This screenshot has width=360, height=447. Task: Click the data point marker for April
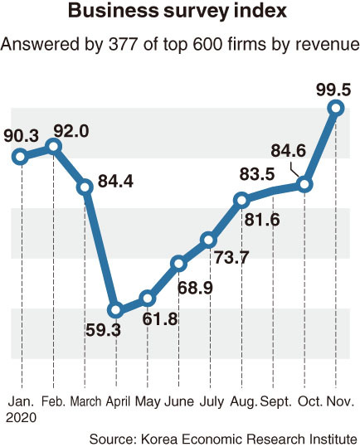pos(116,310)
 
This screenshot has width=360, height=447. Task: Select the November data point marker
pos(336,109)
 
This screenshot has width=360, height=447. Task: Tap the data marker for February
pos(53,147)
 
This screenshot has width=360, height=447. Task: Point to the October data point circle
pos(304,184)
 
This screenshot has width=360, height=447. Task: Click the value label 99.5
pos(333,90)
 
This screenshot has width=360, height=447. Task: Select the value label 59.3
pos(103,330)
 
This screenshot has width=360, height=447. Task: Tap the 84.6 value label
pos(288,151)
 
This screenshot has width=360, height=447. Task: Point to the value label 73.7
pos(231,257)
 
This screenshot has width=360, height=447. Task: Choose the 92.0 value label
pos(71,131)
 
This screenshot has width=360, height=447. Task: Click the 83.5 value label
pos(257,174)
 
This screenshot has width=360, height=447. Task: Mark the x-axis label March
pos(85,401)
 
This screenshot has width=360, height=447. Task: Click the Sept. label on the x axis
pos(276,402)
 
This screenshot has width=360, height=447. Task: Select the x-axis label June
pos(179,401)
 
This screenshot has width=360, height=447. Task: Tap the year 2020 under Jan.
pos(21,418)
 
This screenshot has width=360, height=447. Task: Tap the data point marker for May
pos(148,299)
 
